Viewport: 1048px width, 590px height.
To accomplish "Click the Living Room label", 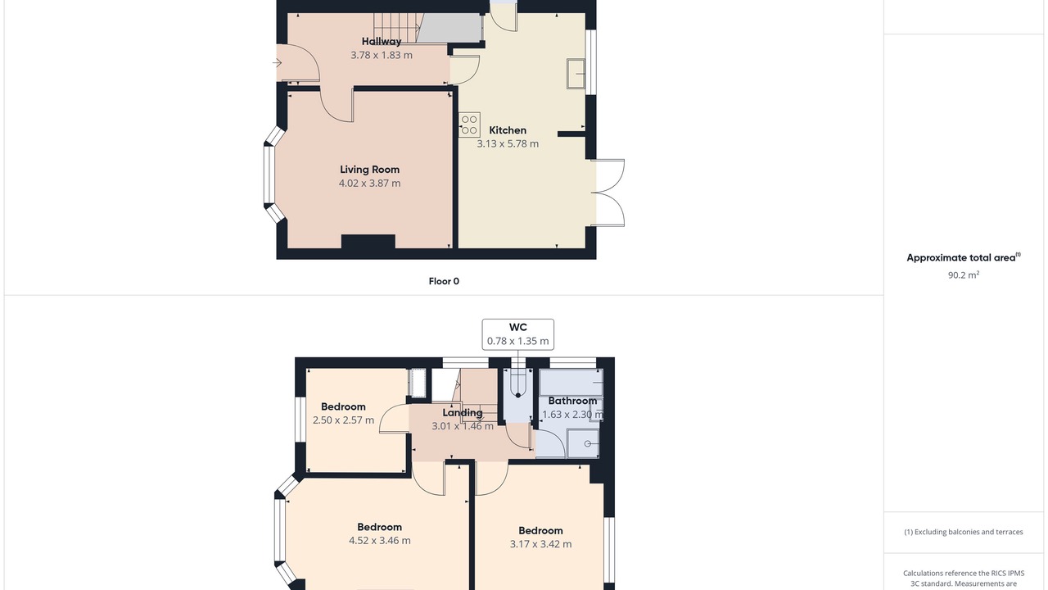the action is (369, 170).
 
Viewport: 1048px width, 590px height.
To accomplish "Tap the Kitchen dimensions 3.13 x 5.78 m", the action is (508, 143).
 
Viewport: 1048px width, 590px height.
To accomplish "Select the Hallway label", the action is (382, 41).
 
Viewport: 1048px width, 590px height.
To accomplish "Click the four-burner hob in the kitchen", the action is (469, 125).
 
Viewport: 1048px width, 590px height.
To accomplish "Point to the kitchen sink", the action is (576, 74).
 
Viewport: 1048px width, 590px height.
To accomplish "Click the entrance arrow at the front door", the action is (277, 63).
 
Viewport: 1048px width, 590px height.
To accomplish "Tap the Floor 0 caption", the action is (444, 281).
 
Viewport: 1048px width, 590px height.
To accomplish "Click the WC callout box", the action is (518, 334).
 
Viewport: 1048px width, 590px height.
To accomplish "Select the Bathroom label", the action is (572, 401).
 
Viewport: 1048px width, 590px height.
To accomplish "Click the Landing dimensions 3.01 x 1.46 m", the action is (463, 426).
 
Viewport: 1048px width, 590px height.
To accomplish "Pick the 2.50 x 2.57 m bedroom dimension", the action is (343, 420).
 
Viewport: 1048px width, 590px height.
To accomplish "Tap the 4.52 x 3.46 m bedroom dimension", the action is (379, 540).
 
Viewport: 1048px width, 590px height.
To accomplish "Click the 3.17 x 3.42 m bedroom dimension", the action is (540, 543).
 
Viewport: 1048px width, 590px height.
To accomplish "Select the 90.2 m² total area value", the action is (964, 275).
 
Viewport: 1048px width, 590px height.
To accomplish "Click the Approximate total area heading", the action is (964, 257).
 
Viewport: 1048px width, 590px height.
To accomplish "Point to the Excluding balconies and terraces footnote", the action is (964, 532).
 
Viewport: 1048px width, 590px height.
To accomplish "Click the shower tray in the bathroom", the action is (583, 443).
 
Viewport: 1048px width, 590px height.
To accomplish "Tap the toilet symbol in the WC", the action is (518, 384).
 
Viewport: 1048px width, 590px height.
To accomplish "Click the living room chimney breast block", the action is (368, 242).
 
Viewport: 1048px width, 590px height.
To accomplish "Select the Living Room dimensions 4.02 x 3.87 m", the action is (369, 183).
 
